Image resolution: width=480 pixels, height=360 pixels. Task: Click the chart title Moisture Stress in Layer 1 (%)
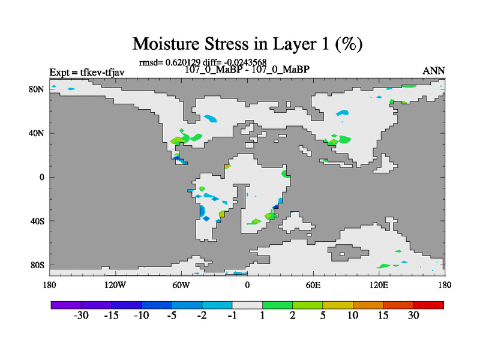click(x=247, y=44)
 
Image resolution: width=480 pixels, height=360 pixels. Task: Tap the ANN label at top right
click(x=433, y=71)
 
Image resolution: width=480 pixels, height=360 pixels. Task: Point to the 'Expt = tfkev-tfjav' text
click(x=87, y=72)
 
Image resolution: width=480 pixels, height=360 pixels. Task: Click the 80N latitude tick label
click(x=37, y=89)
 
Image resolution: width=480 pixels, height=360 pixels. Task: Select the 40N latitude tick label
click(x=37, y=133)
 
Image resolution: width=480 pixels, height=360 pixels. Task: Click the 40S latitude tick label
click(x=37, y=221)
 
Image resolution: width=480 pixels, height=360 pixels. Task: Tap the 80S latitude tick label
click(x=37, y=265)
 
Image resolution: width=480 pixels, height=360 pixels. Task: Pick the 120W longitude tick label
click(x=115, y=285)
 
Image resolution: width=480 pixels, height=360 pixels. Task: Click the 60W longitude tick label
click(x=181, y=285)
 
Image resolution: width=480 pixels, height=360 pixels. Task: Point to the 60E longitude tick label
click(x=313, y=285)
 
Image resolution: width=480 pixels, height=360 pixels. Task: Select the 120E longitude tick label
click(x=379, y=285)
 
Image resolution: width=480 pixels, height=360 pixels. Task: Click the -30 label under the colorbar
click(x=81, y=316)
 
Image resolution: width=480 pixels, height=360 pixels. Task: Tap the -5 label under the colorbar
click(x=172, y=316)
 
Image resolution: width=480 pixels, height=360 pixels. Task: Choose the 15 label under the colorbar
click(x=383, y=316)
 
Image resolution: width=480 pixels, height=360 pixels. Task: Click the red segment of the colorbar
click(x=428, y=305)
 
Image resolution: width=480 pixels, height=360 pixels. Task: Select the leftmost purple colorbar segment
click(x=66, y=305)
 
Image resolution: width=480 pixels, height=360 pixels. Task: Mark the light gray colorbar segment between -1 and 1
click(x=247, y=305)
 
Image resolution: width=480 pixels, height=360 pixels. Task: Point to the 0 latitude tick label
click(x=41, y=177)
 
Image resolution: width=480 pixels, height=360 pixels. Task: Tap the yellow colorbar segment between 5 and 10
click(x=338, y=305)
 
